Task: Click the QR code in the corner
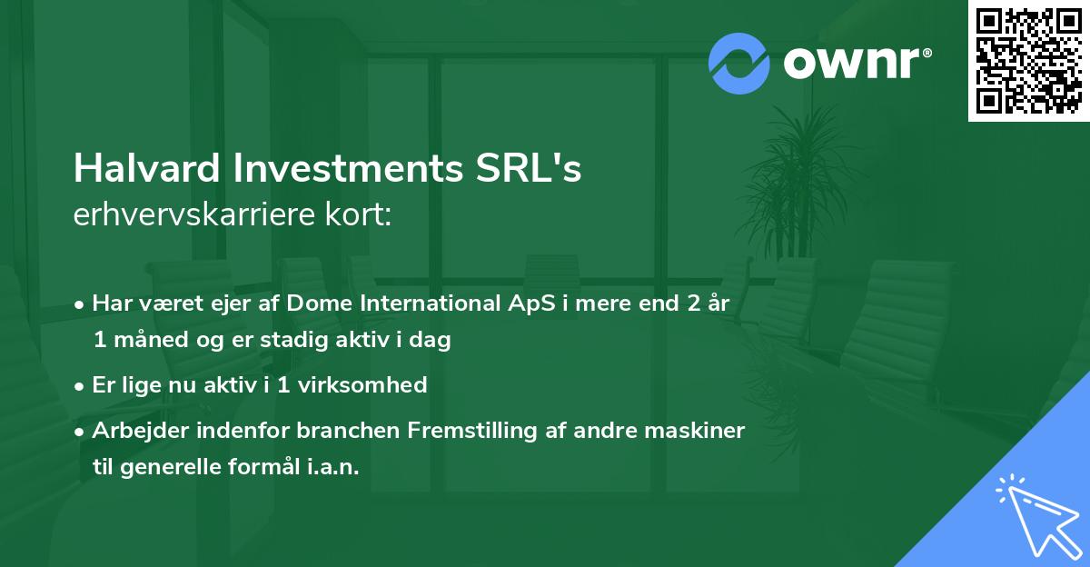coord(1028,61)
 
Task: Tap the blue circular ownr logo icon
coord(739,64)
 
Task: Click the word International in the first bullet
coord(420,303)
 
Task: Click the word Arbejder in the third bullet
coord(134,430)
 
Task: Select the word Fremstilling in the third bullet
coord(451,430)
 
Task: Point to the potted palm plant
coord(790,182)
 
